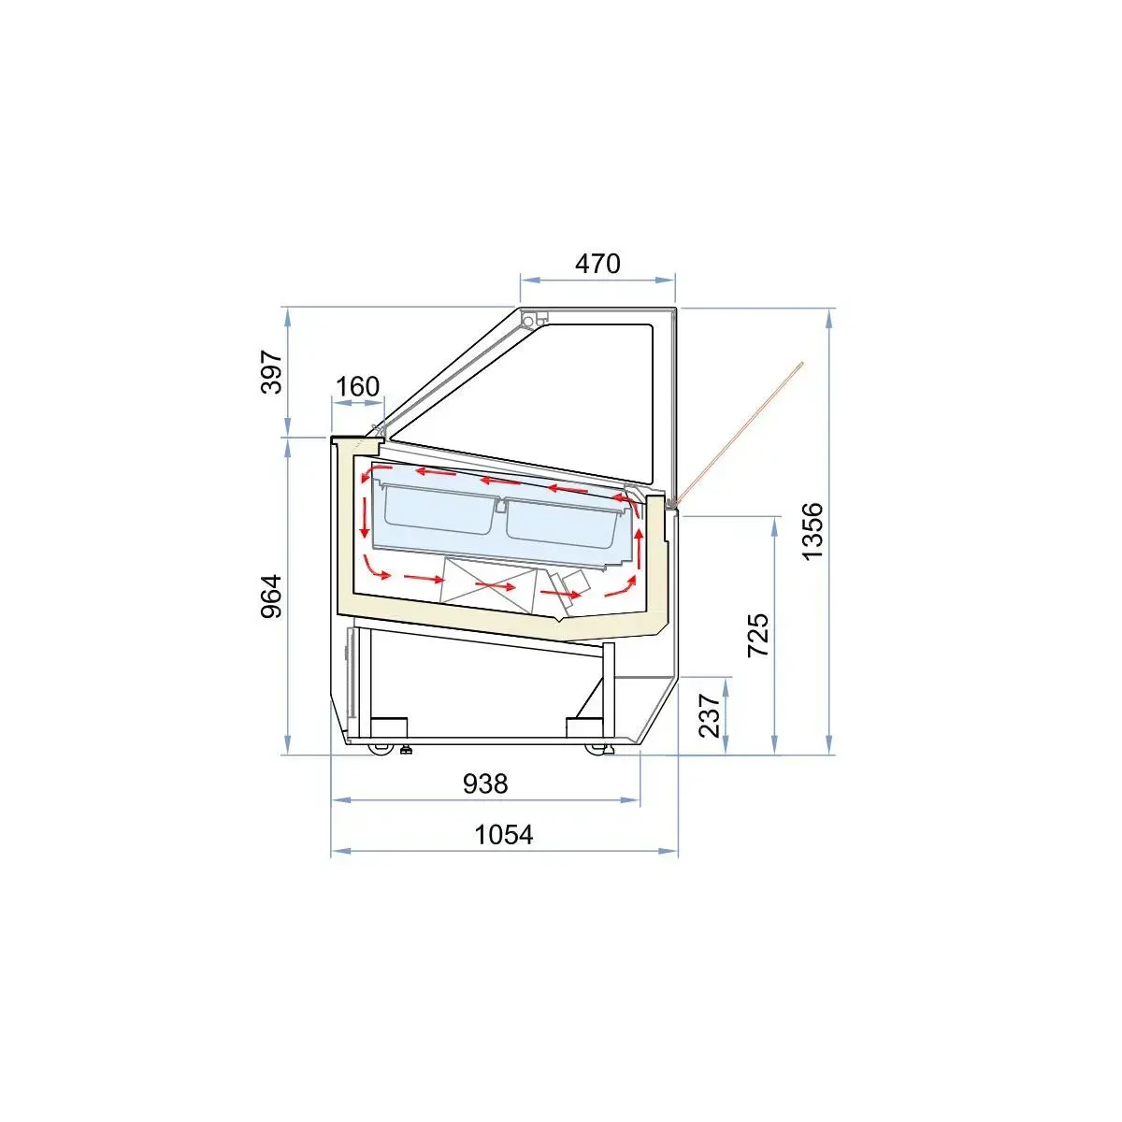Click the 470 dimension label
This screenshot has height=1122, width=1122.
pyautogui.click(x=597, y=264)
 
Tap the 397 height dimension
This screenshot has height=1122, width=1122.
pyautogui.click(x=271, y=371)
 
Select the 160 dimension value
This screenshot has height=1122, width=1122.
pyautogui.click(x=357, y=386)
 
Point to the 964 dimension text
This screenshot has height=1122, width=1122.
pyautogui.click(x=271, y=597)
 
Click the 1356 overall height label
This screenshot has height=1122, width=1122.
pyautogui.click(x=813, y=532)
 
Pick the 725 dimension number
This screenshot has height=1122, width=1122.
pyautogui.click(x=758, y=635)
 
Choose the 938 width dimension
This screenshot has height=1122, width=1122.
pyautogui.click(x=485, y=784)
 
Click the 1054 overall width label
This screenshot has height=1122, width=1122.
pyautogui.click(x=504, y=835)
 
